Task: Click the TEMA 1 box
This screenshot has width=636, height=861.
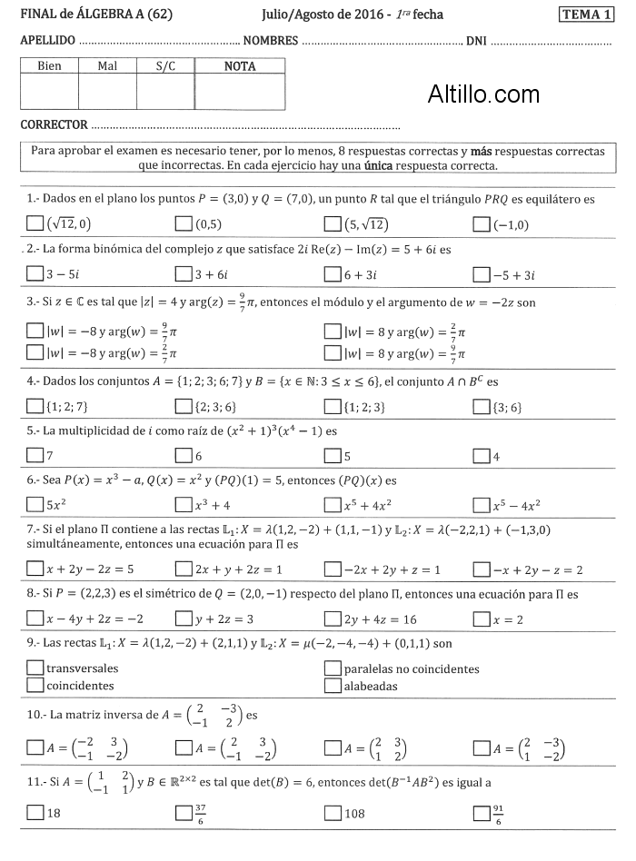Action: click(x=587, y=15)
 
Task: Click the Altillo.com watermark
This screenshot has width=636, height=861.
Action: click(x=483, y=94)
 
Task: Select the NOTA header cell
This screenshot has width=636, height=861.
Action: click(x=240, y=66)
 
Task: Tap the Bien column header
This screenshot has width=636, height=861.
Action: click(x=49, y=66)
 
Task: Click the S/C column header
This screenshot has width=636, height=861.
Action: click(x=165, y=66)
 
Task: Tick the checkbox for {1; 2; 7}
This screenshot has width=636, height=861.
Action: click(x=35, y=405)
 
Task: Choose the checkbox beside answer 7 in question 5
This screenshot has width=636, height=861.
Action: click(x=35, y=455)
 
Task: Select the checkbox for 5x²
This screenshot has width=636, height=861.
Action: click(x=35, y=504)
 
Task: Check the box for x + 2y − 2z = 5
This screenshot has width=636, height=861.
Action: click(x=35, y=569)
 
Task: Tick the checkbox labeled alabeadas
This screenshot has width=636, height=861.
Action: click(x=333, y=686)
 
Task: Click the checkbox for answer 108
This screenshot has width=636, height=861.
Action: click(x=333, y=813)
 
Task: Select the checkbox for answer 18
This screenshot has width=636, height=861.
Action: click(x=35, y=813)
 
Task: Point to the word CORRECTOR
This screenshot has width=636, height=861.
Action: click(x=54, y=124)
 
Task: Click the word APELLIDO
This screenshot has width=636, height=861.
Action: click(x=48, y=41)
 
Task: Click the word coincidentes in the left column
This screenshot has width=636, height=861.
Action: click(x=80, y=686)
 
